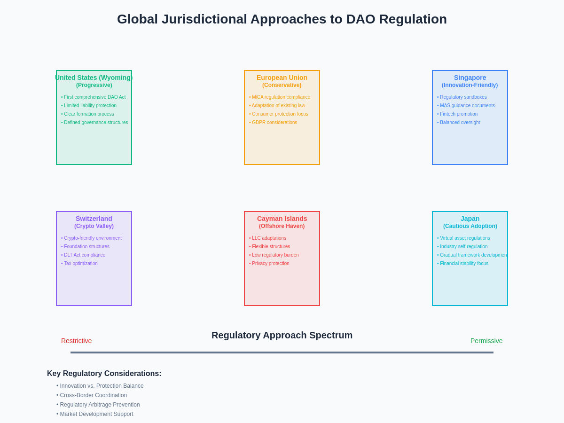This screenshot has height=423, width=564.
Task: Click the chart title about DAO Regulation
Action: click(x=282, y=19)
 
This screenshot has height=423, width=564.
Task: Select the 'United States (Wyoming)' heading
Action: click(x=94, y=78)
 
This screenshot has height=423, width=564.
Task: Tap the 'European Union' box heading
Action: click(x=282, y=78)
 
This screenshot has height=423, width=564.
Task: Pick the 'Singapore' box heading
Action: click(x=470, y=78)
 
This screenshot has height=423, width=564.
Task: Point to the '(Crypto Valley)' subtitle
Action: click(x=94, y=226)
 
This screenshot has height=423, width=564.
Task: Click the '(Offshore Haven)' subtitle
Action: click(x=282, y=226)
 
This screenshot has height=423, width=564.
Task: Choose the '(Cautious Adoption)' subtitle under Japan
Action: click(x=470, y=226)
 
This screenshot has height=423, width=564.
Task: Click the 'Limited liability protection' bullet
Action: click(x=90, y=106)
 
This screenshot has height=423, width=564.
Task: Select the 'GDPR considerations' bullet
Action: click(x=274, y=123)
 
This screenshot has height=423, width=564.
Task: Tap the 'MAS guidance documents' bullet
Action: click(x=467, y=106)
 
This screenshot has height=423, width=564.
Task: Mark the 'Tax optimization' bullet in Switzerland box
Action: click(x=81, y=264)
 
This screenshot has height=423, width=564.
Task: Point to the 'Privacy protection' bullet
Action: click(x=271, y=264)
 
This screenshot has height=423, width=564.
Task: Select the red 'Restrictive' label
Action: click(x=76, y=341)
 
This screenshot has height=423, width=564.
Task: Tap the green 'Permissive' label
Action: click(x=486, y=341)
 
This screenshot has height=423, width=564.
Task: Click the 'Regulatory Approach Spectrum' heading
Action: click(x=282, y=335)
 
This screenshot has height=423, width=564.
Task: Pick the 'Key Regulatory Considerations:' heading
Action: click(x=104, y=374)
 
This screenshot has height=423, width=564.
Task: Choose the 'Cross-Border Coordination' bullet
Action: click(x=93, y=395)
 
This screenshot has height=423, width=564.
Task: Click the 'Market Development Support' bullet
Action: click(x=96, y=414)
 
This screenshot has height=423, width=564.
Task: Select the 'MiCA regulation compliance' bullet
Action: click(x=281, y=97)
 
